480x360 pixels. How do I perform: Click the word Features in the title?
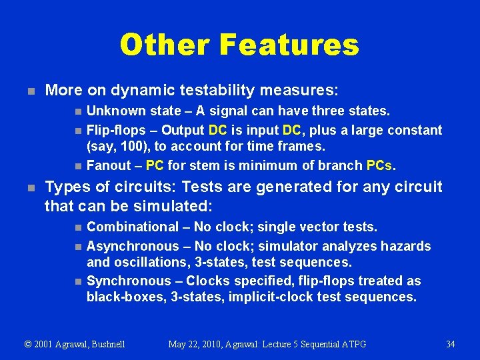pos(288,45)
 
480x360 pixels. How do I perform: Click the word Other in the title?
pos(164,45)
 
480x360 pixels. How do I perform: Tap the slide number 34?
pos(450,344)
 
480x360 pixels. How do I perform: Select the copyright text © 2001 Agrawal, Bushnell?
pos(75,344)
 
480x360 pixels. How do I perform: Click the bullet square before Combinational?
pos(78,228)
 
